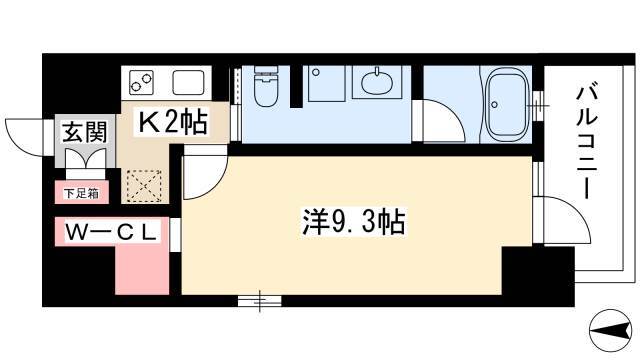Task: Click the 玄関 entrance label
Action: click(84, 132)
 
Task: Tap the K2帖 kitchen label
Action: click(173, 121)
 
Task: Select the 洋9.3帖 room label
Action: click(353, 222)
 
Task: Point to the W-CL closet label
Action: click(111, 233)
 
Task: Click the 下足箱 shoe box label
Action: click(82, 193)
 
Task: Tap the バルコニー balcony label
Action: click(586, 142)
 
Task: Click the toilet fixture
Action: click(265, 87)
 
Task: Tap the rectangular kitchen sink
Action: click(188, 82)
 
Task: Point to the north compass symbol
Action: click(609, 330)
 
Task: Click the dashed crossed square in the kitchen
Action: click(144, 186)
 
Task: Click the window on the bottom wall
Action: click(260, 301)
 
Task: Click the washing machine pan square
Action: click(327, 84)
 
